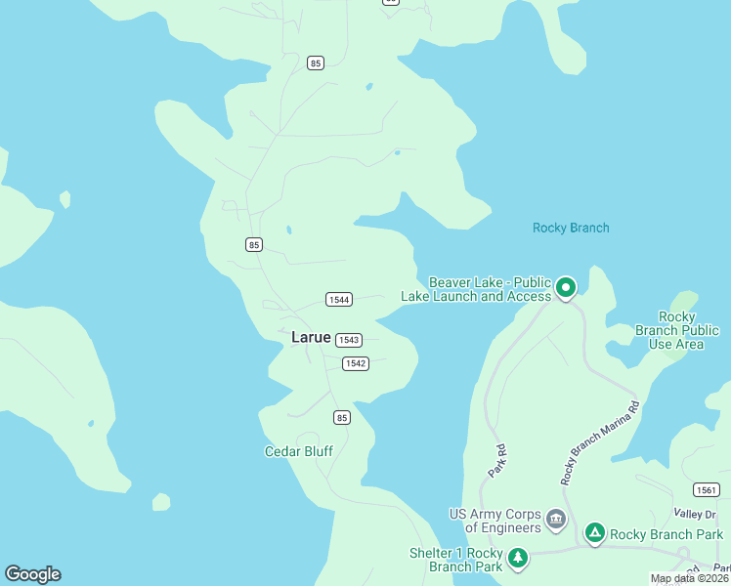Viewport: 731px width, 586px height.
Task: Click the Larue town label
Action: point(311,337)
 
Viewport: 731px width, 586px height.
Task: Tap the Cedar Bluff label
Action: point(299,451)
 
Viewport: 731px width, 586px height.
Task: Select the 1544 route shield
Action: point(338,300)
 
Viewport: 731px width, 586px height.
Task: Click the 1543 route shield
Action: point(349,340)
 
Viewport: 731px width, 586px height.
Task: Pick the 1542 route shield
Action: point(355,363)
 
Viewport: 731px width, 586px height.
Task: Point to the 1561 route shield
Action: point(706,489)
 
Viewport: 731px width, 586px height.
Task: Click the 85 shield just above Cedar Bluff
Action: point(341,418)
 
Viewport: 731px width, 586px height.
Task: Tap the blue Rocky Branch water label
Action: point(571,228)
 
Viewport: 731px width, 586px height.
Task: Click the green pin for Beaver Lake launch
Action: point(566,288)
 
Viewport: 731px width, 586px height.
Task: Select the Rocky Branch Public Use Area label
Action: point(676,330)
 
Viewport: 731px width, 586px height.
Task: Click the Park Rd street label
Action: point(498,461)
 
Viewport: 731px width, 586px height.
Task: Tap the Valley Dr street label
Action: point(695,514)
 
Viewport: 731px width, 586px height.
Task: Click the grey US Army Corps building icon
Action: point(556,519)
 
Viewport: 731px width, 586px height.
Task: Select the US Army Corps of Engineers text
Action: point(494,521)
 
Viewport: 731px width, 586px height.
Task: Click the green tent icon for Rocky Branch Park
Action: point(594,532)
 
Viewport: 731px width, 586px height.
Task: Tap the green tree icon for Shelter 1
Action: point(518,559)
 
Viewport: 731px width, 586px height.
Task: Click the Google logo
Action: point(32,574)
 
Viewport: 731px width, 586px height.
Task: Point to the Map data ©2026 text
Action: point(690,578)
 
